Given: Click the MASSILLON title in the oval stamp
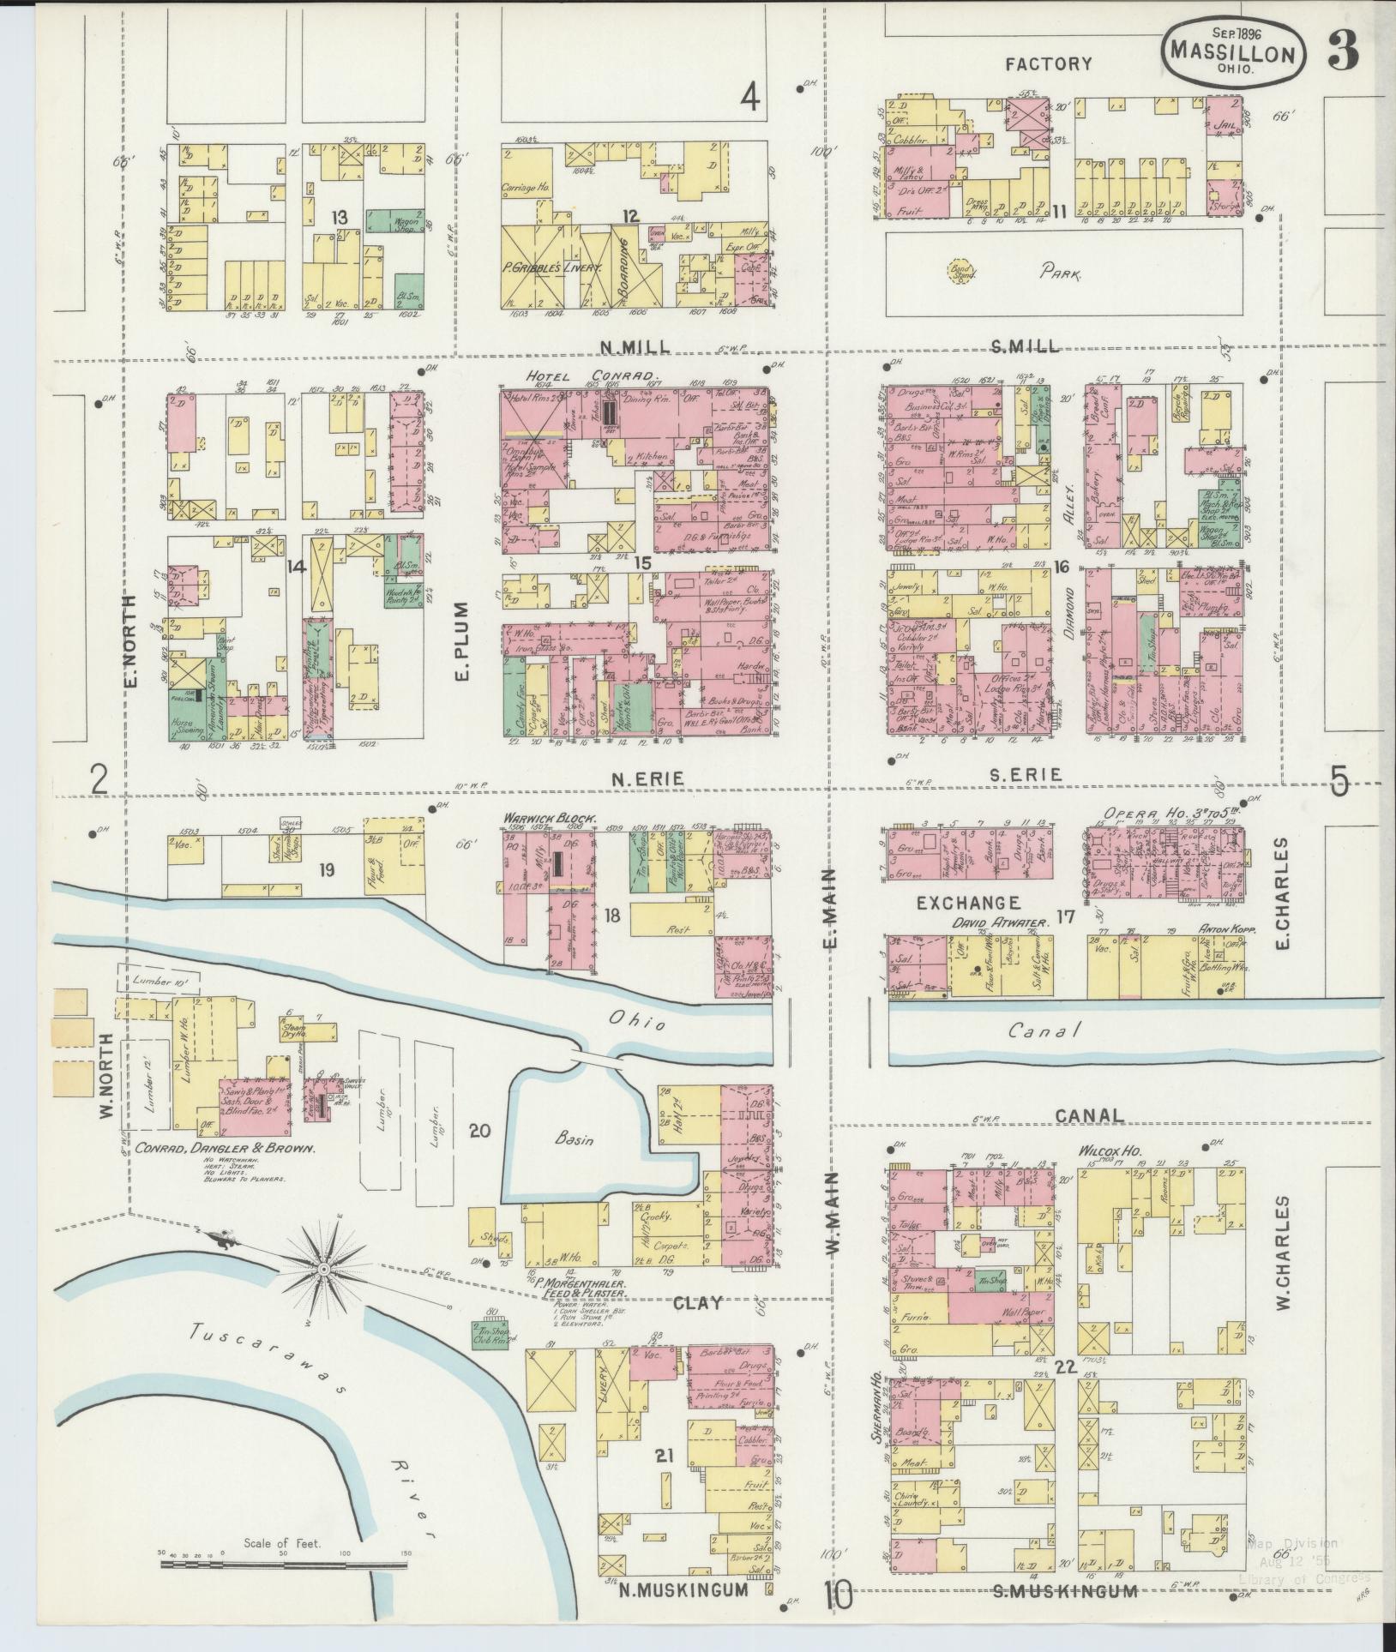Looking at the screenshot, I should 1235,54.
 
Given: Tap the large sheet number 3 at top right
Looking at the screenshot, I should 1344,51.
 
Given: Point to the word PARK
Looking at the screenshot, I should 1061,275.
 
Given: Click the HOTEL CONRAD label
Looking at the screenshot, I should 591,375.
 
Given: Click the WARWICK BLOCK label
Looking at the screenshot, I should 549,818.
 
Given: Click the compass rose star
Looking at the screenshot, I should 326,1268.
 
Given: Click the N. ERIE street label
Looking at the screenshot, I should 647,778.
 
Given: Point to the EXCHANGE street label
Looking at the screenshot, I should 969,902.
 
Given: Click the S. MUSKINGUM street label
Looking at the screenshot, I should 1065,1592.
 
